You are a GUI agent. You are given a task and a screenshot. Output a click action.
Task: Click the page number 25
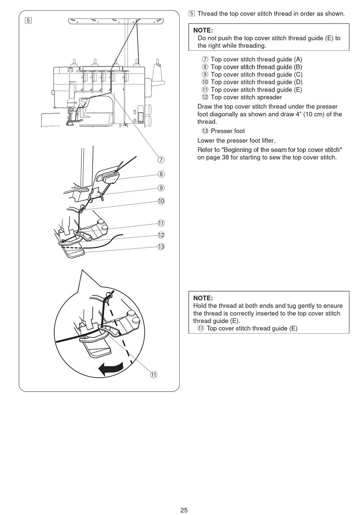tap(184, 510)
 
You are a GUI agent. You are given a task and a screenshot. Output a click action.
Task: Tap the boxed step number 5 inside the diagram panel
tap(28, 20)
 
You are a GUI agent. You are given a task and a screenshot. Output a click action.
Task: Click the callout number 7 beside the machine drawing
tap(161, 160)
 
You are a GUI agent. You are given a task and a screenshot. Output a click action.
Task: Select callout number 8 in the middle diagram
tap(161, 174)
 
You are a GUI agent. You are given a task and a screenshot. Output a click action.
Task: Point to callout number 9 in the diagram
tap(161, 188)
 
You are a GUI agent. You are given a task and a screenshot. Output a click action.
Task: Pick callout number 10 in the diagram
tap(161, 201)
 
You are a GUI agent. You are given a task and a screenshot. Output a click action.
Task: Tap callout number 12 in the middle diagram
tap(161, 235)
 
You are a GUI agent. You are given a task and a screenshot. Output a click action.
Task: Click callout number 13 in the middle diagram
tap(161, 247)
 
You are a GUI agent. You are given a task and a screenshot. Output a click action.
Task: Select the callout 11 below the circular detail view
tap(153, 375)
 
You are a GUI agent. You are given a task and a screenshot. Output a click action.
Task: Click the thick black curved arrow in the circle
tap(110, 368)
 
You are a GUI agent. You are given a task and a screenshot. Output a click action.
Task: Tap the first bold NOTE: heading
tap(203, 30)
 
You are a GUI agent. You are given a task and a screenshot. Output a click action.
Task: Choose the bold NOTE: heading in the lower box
tap(203, 298)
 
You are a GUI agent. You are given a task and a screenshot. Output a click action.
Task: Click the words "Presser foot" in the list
tap(228, 131)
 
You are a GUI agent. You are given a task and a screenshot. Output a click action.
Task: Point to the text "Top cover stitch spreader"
tap(246, 97)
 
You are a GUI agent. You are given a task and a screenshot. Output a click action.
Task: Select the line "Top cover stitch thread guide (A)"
tap(256, 59)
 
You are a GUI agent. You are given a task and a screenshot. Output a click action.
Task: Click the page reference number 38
tap(225, 157)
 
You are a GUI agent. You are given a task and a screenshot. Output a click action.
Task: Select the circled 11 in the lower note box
tap(201, 328)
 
